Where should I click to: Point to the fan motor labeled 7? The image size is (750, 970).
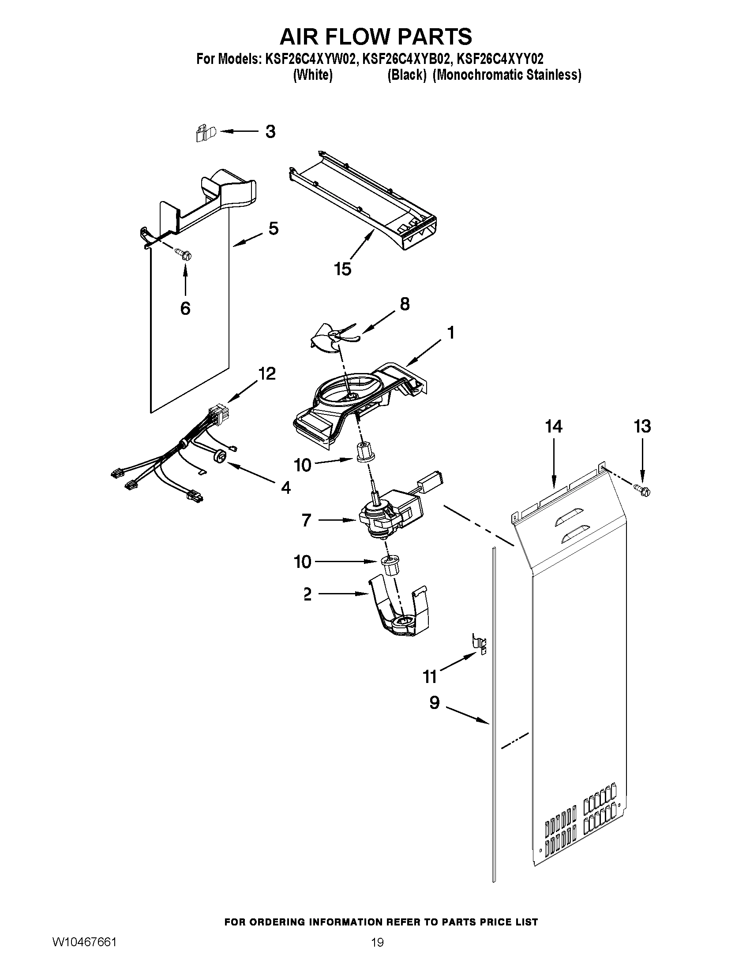click(389, 515)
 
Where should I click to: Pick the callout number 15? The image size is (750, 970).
click(342, 269)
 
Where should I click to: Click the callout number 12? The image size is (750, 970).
click(266, 373)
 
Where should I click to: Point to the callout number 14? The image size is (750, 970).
click(554, 426)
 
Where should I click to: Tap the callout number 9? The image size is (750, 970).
click(434, 702)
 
